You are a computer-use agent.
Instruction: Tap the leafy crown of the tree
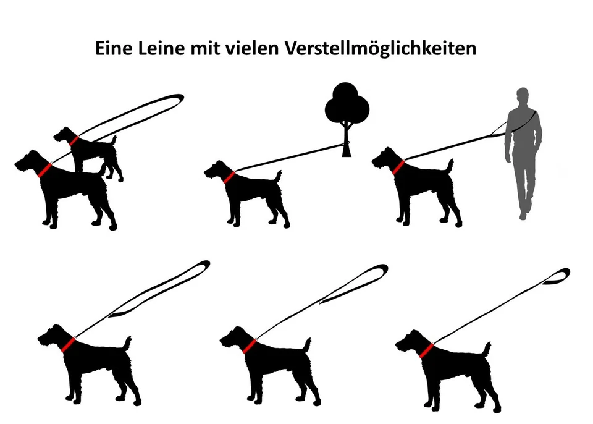pyautogui.click(x=347, y=105)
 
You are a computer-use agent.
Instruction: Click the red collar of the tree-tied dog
pyautogui.click(x=229, y=177)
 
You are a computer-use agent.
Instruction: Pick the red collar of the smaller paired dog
pyautogui.click(x=74, y=141)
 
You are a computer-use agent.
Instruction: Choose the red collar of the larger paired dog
pyautogui.click(x=44, y=170)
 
